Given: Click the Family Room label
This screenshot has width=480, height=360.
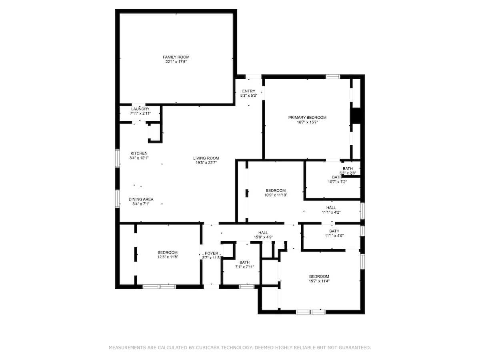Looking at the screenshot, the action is [x=176, y=57].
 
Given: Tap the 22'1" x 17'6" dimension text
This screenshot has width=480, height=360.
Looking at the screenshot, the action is [x=176, y=62].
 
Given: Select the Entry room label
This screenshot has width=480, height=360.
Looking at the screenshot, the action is [x=249, y=91].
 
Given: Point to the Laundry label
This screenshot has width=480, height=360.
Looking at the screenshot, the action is [x=140, y=109].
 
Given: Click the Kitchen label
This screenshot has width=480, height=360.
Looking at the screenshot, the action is [x=139, y=153].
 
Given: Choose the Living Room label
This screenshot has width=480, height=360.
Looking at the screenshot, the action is [x=206, y=158].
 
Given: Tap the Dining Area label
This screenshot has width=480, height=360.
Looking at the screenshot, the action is [x=141, y=199].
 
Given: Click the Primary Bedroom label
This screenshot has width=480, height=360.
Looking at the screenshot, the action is [x=307, y=118].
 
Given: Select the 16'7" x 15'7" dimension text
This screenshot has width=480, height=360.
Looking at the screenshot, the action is [x=307, y=122].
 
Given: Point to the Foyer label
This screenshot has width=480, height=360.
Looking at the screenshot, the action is [x=212, y=253].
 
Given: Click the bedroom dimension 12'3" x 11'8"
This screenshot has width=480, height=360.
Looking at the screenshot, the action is [x=168, y=257].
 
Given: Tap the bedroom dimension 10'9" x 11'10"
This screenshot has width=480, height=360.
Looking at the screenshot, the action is [x=276, y=195].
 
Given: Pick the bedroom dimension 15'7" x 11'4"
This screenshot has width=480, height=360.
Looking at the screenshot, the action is [x=319, y=281].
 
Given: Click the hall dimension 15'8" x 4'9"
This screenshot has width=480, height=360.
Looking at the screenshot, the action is [x=263, y=237].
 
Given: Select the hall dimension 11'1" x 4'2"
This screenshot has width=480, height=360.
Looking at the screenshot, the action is [x=331, y=212].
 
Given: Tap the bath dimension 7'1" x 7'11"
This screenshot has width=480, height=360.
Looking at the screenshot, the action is [x=244, y=267].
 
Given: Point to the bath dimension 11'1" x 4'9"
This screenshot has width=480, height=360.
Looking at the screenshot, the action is [x=334, y=236].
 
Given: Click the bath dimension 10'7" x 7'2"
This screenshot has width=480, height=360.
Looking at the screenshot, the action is [x=337, y=182].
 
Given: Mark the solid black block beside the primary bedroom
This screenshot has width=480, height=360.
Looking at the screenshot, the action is [x=356, y=116].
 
